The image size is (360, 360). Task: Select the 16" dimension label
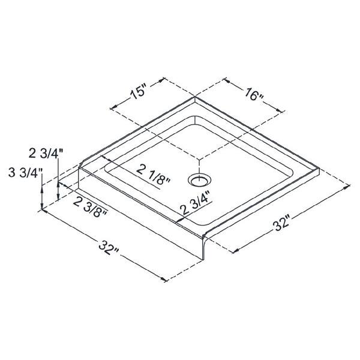click(x=252, y=95)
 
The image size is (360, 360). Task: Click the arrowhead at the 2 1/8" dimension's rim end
click(x=106, y=160)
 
